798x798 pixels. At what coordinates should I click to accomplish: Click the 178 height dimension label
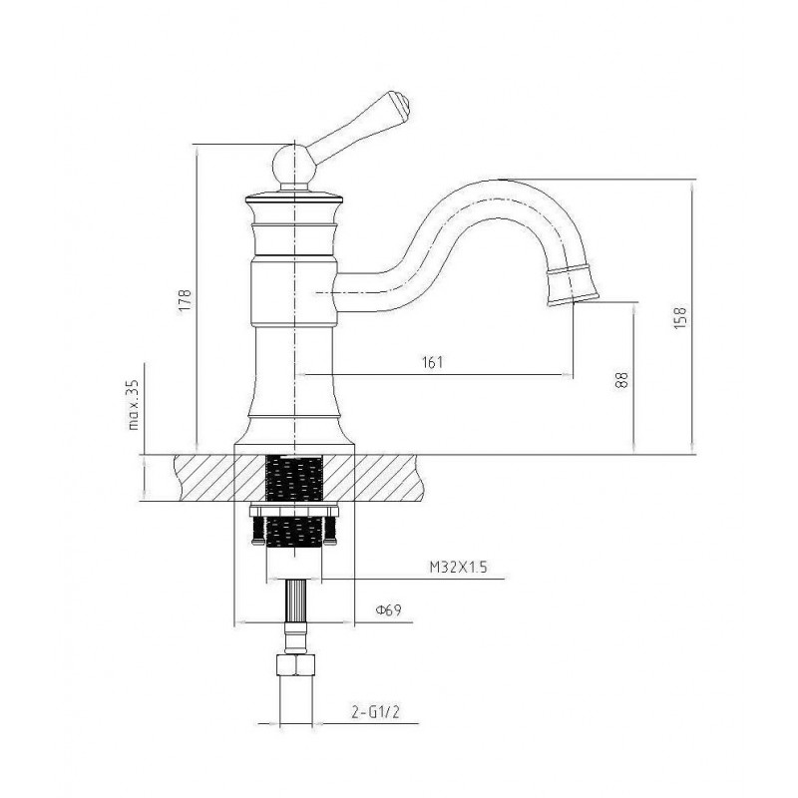point(186,300)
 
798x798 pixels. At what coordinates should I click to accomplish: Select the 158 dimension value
point(680,316)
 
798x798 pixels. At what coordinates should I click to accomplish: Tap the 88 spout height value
point(621,380)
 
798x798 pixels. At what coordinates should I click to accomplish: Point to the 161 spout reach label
point(433,362)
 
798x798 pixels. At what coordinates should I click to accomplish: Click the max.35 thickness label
point(134,405)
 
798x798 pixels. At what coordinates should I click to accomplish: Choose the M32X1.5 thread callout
point(458,567)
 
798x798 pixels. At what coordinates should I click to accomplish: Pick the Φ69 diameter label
point(388,609)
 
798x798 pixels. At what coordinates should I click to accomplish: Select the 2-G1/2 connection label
point(376,711)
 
